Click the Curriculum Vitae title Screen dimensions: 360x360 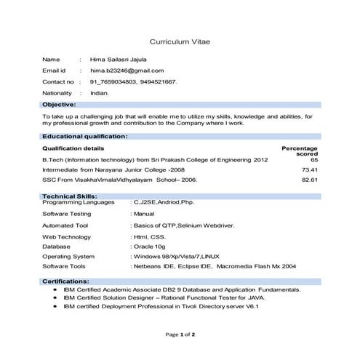(180, 41)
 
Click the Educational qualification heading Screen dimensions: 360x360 (85, 136)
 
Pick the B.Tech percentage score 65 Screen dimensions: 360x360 (313, 159)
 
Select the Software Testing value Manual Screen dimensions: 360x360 (143, 215)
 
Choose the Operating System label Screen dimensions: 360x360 (68, 256)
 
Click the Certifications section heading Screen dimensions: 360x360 (66, 280)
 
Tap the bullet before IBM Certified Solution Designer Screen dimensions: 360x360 (56, 297)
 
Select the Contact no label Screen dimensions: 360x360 (59, 82)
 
